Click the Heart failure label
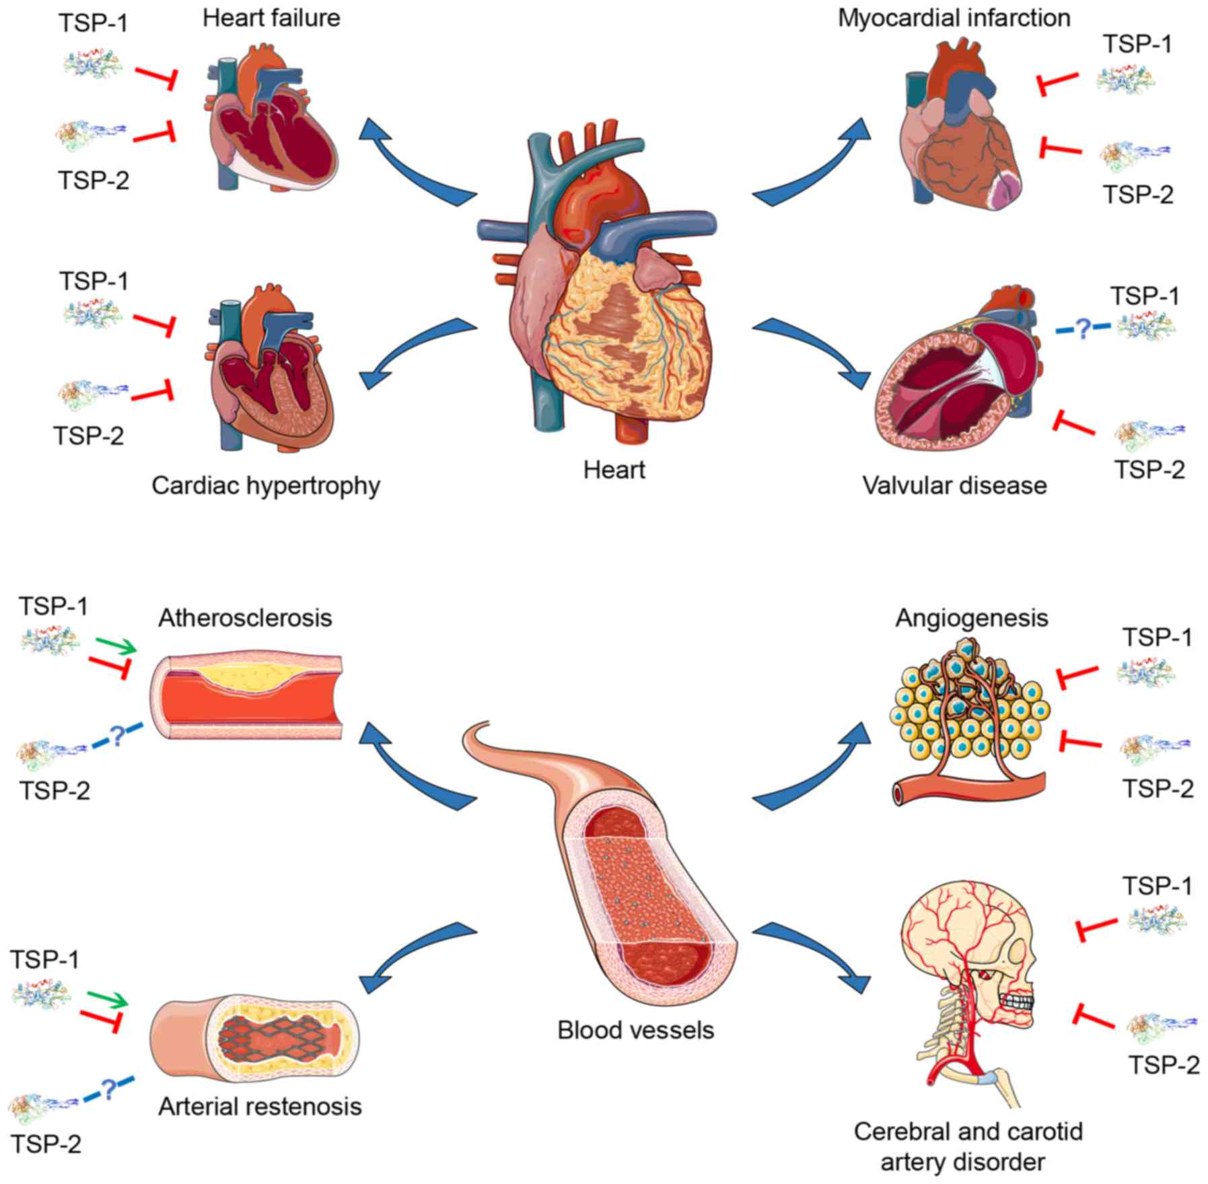pyautogui.click(x=271, y=18)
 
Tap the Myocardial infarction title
pyautogui.click(x=954, y=18)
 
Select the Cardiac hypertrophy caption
pyautogui.click(x=266, y=485)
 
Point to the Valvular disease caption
pyautogui.click(x=954, y=485)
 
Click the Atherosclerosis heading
pyautogui.click(x=245, y=617)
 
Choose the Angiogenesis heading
pyautogui.click(x=971, y=617)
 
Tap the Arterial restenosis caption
pyautogui.click(x=260, y=1106)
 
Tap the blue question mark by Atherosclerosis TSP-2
pyautogui.click(x=116, y=737)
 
